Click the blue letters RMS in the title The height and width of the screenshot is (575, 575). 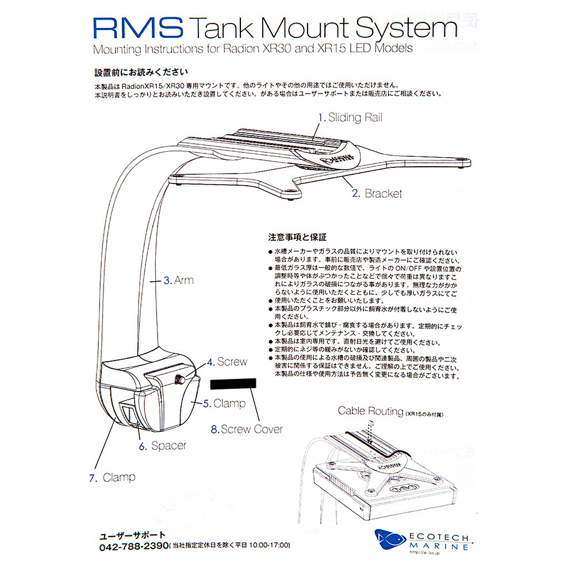click(x=138, y=28)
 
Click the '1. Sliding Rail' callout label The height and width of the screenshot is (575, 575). click(x=351, y=118)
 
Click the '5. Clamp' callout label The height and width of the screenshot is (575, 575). click(x=224, y=404)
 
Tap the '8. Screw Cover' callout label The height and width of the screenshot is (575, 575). click(x=247, y=429)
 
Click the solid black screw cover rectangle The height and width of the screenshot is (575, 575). click(x=234, y=385)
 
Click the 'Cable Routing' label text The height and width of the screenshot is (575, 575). click(x=370, y=411)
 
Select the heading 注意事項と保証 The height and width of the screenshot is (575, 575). click(x=297, y=237)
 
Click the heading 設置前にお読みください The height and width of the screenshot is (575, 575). click(x=140, y=72)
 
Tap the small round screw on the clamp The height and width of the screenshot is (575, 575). click(x=179, y=378)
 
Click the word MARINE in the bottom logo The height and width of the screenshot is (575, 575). click(x=439, y=547)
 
